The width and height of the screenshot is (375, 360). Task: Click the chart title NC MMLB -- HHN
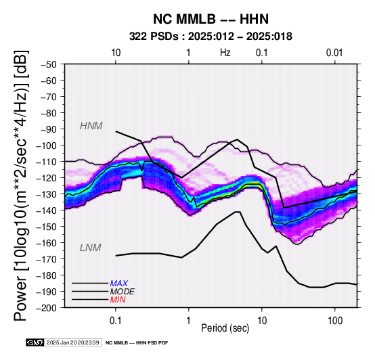[x=211, y=19]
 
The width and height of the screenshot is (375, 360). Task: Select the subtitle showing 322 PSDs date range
[x=211, y=37]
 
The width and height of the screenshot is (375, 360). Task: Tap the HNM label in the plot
[x=91, y=126]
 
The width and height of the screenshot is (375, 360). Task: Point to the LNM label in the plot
[x=91, y=248]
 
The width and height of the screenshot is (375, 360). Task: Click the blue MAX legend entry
[x=119, y=284]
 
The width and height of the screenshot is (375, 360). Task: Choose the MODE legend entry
[x=123, y=292]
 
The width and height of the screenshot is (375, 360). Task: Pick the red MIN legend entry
[x=118, y=300]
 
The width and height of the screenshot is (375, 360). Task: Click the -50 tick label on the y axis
[x=49, y=64]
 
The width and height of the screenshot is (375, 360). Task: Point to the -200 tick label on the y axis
[x=47, y=308]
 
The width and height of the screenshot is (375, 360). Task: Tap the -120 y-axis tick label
[x=47, y=178]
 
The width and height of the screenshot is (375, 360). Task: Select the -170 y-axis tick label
[x=47, y=259]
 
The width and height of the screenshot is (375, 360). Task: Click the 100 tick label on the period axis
[x=335, y=321]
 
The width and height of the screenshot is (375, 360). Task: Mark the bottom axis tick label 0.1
[x=116, y=321]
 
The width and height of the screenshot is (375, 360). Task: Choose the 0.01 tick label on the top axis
[x=334, y=53]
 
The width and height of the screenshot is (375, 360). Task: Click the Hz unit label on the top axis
[x=225, y=53]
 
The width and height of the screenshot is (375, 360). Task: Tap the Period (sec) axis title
[x=225, y=328]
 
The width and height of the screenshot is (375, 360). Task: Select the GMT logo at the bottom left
[x=35, y=342]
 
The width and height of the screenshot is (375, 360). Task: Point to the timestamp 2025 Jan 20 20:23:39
[x=72, y=342]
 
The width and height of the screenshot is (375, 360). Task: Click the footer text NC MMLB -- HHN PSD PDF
[x=137, y=343]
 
